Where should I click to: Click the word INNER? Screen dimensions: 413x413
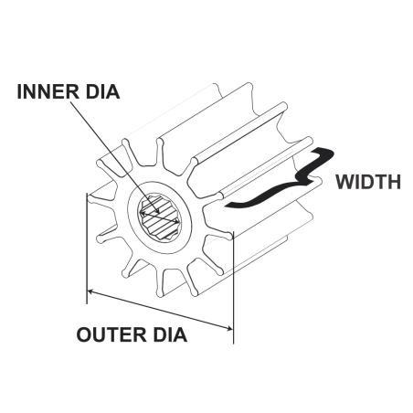click(x=48, y=91)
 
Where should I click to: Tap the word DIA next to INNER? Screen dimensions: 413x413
click(x=102, y=91)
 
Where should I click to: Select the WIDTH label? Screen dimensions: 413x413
click(x=368, y=182)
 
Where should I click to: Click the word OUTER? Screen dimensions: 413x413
click(x=111, y=334)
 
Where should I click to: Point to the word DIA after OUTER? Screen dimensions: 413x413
click(x=170, y=334)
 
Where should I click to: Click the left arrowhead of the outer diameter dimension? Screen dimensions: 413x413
click(x=90, y=292)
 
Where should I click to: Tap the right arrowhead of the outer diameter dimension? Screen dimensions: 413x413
click(x=228, y=328)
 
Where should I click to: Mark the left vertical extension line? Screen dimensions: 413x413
click(x=87, y=249)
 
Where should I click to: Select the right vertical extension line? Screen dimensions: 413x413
click(x=233, y=288)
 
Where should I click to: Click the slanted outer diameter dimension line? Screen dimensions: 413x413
click(x=160, y=310)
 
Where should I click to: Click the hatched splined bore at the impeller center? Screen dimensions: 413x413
click(x=159, y=217)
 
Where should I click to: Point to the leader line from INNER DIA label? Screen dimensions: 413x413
click(x=114, y=156)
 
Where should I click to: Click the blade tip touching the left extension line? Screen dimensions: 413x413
click(x=90, y=199)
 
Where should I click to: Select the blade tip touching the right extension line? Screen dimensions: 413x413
click(x=229, y=235)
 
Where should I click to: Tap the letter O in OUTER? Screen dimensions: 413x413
click(x=84, y=334)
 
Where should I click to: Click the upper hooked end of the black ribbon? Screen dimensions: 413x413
click(x=323, y=153)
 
